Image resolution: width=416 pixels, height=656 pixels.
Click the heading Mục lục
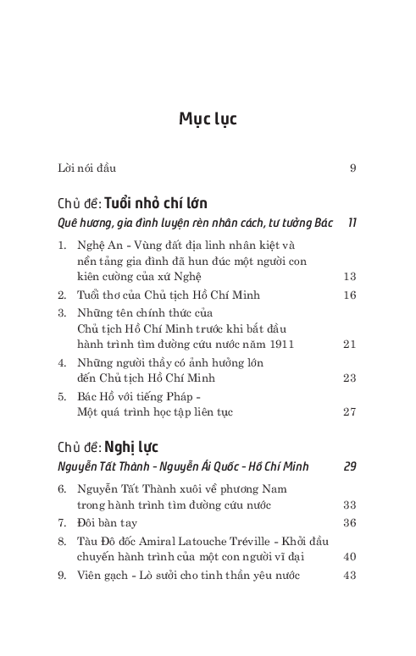pos(208,119)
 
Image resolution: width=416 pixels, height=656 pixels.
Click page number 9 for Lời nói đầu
pos(352,168)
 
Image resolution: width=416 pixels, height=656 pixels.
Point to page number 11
pos(352,223)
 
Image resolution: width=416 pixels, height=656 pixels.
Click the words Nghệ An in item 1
pos(92,245)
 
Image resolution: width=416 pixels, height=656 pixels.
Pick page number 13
pos(350,276)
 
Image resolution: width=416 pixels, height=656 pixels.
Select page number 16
pos(350,295)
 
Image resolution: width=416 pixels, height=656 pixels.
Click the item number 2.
pos(62,295)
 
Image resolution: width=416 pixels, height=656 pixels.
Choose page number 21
pos(350,345)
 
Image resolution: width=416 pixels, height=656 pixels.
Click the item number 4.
pos(62,362)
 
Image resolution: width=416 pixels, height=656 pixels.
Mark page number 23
pos(350,378)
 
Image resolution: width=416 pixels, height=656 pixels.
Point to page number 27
pos(350,412)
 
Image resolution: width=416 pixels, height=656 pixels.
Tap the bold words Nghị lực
pos(132,447)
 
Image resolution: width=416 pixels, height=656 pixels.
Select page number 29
pos(350,466)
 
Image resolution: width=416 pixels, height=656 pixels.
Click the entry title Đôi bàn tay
pos(108,522)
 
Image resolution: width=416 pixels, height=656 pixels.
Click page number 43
pos(350,576)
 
